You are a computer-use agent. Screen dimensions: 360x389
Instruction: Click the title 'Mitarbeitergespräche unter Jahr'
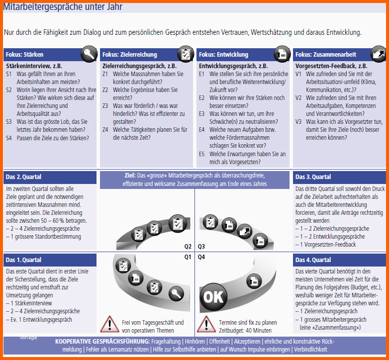(63, 7)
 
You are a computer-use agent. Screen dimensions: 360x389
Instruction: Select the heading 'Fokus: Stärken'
(24, 54)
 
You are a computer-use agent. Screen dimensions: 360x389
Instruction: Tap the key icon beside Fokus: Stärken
(90, 54)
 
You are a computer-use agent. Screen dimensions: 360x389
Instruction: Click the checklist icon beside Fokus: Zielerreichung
(186, 54)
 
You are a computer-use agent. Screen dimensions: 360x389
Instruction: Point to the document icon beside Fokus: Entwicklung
(282, 54)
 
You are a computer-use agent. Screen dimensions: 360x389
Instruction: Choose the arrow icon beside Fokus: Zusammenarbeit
(379, 54)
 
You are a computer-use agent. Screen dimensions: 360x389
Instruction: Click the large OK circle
(213, 296)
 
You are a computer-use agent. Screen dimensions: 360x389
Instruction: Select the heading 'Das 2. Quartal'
(23, 177)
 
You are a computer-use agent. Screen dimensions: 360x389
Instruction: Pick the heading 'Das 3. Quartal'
(313, 177)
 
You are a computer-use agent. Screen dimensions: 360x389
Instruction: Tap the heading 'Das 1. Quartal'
(23, 260)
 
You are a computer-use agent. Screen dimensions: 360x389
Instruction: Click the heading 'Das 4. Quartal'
(313, 260)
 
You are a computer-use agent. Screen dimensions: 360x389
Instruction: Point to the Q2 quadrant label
(188, 246)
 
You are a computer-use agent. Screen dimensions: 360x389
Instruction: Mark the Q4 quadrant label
(201, 257)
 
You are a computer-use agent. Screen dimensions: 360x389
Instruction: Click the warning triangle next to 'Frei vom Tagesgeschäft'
(109, 324)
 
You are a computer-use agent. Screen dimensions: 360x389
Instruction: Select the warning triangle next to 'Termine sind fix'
(205, 324)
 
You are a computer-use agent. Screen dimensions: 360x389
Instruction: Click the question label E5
(202, 154)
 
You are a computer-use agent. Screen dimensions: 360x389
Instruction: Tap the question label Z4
(105, 130)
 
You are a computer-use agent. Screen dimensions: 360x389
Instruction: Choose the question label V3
(298, 121)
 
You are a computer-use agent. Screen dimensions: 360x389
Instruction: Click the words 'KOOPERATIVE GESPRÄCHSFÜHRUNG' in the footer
(102, 342)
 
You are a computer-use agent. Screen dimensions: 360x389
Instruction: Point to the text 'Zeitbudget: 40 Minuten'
(245, 331)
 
